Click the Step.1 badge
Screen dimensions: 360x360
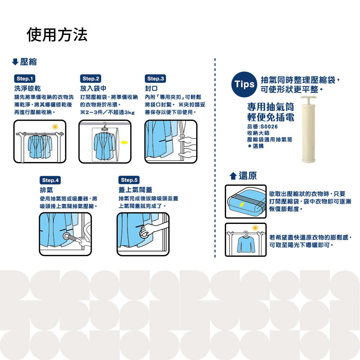pos(24,78)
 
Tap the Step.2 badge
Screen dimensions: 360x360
pos(90,78)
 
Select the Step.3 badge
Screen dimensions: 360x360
pos(156,78)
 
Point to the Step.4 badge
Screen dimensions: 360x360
pos(50,180)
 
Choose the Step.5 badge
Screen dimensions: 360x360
pos(129,180)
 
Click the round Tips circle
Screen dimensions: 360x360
pos(244,85)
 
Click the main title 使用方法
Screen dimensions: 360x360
pos(57,35)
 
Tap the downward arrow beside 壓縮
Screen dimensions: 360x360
pos(15,62)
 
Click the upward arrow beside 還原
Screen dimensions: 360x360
pos(233,176)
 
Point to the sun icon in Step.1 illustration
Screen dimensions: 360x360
pos(55,126)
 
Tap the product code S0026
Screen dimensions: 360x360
pos(269,126)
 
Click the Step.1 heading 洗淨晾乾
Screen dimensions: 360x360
pos(27,88)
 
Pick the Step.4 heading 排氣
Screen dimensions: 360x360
pos(46,190)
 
